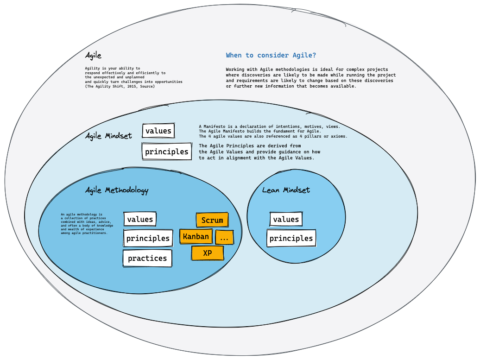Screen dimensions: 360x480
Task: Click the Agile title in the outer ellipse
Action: coord(93,56)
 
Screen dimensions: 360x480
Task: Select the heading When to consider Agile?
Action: coord(271,55)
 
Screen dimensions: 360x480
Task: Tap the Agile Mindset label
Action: coord(108,136)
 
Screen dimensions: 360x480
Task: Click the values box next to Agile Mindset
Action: coord(158,131)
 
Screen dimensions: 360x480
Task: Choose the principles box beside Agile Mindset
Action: coord(166,152)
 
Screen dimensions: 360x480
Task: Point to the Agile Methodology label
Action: coord(117,190)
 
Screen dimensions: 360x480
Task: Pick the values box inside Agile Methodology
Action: coord(140,219)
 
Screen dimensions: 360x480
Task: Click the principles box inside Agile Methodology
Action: coord(148,238)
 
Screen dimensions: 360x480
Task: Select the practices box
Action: coord(147,258)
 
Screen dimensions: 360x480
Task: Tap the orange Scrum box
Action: coord(212,220)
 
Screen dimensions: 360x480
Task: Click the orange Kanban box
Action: coord(196,236)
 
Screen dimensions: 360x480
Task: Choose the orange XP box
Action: coord(207,253)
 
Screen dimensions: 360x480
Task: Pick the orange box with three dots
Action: coord(224,238)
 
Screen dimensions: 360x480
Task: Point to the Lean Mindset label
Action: coord(286,190)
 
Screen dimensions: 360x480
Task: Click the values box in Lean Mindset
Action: coord(286,219)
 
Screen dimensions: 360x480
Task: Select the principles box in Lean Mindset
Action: coord(291,238)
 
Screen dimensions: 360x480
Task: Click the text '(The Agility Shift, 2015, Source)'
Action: coord(120,86)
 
